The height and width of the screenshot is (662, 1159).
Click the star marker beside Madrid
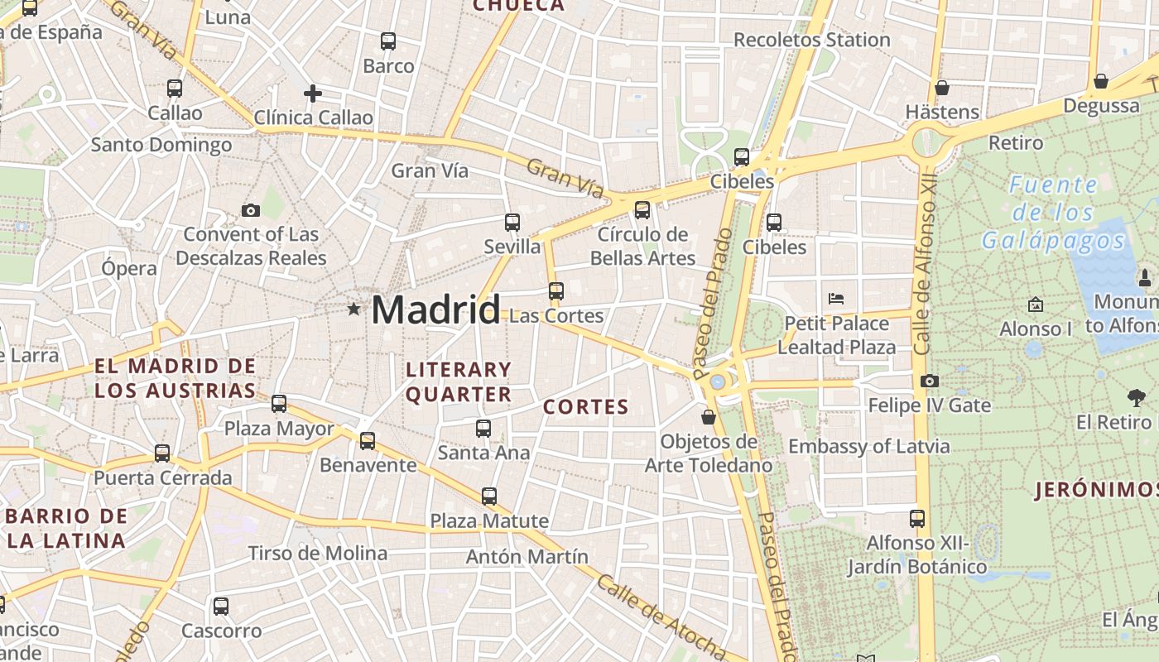[x=353, y=309]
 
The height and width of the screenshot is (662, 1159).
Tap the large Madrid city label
[x=435, y=309]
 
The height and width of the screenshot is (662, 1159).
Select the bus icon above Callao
[x=174, y=88]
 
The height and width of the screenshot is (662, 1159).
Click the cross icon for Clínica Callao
[x=313, y=94]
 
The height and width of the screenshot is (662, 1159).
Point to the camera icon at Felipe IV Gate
[x=929, y=381]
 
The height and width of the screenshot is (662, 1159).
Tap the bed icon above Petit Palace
[x=836, y=298]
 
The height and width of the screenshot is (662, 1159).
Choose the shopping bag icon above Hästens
[x=941, y=88]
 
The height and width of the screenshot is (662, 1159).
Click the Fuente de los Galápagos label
[x=1053, y=213]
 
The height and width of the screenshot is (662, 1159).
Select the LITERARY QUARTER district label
[x=459, y=381]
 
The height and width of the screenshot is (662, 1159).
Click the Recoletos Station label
[x=811, y=40]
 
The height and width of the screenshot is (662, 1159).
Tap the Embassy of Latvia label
[x=868, y=447]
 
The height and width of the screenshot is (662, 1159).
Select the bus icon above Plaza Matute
[x=489, y=496]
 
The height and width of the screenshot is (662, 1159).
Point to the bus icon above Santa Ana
[x=483, y=429]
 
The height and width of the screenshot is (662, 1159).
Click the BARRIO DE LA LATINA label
[x=66, y=529]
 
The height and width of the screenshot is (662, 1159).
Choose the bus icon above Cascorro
[x=220, y=606]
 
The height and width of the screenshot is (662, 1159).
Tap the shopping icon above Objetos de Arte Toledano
[x=709, y=417]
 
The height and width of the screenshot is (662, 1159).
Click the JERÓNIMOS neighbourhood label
[x=1096, y=490]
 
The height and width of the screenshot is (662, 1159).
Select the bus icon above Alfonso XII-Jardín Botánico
[x=916, y=519]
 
